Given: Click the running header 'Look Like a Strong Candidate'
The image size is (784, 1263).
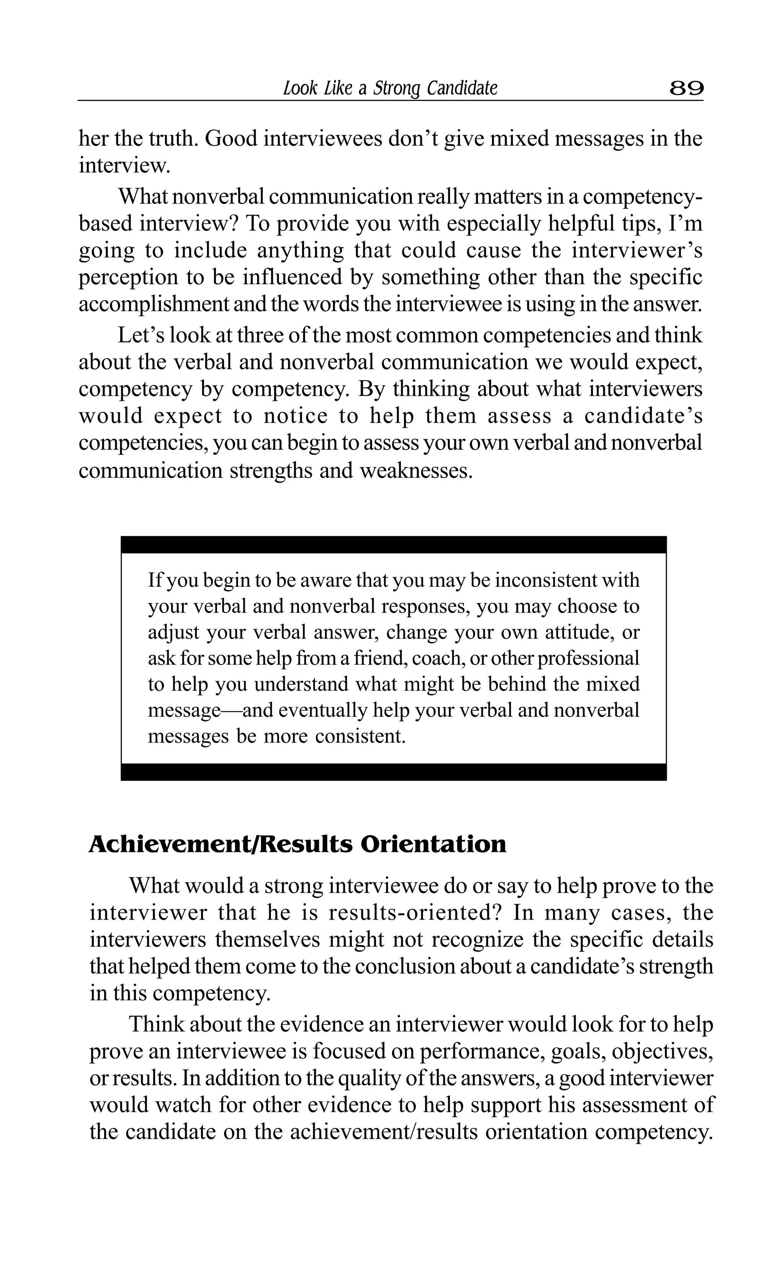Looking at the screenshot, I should pyautogui.click(x=390, y=89).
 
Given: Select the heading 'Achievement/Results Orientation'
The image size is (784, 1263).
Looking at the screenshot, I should pyautogui.click(x=297, y=844).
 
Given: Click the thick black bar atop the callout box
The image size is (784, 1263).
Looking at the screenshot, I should pyautogui.click(x=393, y=544).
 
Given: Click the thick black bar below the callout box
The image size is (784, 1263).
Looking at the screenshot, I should pyautogui.click(x=393, y=771).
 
